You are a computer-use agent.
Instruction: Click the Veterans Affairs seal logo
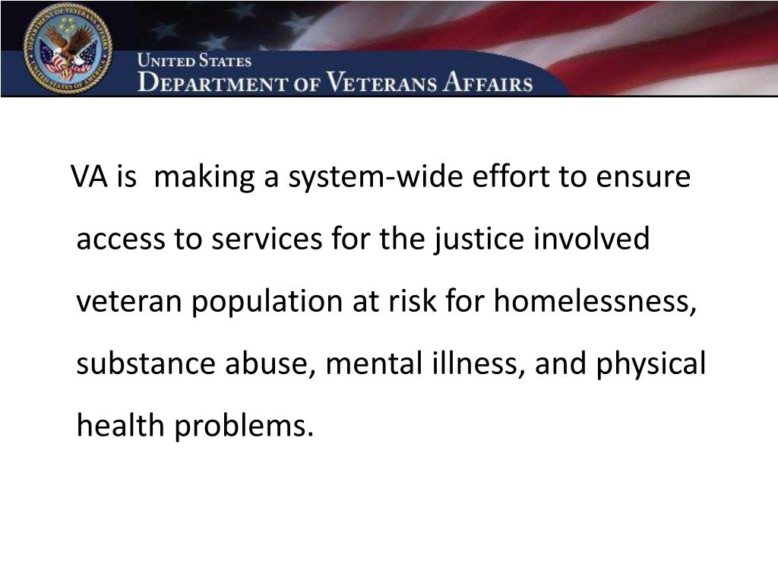tap(68, 48)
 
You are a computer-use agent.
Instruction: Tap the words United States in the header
tap(194, 61)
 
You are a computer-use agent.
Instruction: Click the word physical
tap(651, 365)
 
